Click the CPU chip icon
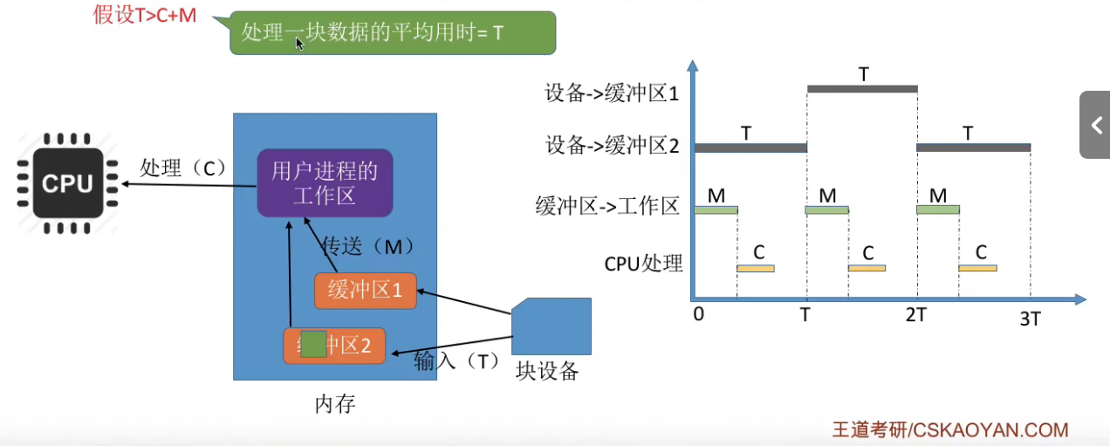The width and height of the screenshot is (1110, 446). click(x=66, y=183)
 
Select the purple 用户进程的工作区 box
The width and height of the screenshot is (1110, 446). click(x=325, y=182)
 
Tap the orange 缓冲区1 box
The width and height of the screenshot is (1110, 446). click(x=366, y=291)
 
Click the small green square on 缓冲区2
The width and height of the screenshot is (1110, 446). click(x=313, y=345)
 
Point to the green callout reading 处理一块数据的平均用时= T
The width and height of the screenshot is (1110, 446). click(x=392, y=33)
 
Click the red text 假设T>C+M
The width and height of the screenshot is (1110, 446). click(x=145, y=14)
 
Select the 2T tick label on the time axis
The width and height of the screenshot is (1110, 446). click(x=915, y=315)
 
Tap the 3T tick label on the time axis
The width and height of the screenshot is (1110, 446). click(x=1030, y=319)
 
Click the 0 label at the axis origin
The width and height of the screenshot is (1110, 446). click(x=698, y=314)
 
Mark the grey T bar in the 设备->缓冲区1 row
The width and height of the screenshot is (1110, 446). click(x=862, y=88)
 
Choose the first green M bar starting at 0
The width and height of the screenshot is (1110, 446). click(x=716, y=209)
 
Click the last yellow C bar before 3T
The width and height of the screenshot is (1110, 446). click(x=977, y=268)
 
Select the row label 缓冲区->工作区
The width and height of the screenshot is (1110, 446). click(x=607, y=207)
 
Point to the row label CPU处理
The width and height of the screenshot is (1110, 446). click(x=643, y=262)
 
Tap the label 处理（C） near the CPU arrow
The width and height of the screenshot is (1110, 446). click(x=182, y=168)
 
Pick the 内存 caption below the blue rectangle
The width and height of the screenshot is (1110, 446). click(x=335, y=405)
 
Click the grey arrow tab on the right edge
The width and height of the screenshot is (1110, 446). click(x=1096, y=125)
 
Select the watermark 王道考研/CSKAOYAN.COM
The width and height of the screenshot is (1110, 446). click(x=949, y=429)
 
